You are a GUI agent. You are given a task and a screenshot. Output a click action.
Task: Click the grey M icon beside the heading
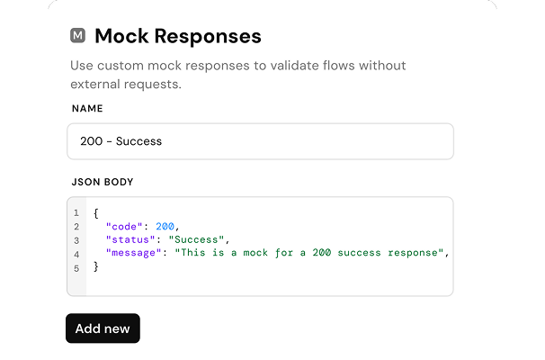click(x=77, y=35)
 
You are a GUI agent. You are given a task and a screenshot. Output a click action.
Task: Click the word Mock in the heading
click(x=121, y=36)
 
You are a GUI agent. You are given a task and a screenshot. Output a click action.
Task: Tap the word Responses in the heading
click(x=208, y=37)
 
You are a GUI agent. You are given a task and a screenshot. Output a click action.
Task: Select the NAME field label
click(x=87, y=109)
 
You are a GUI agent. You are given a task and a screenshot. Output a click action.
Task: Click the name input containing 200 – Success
click(x=260, y=141)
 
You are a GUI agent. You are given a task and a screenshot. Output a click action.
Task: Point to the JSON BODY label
click(x=103, y=182)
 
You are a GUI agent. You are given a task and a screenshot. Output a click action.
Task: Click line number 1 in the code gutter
click(x=76, y=213)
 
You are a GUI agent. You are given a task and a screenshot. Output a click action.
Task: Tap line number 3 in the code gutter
click(x=76, y=240)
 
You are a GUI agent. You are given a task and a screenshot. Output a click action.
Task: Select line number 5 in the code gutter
click(x=76, y=268)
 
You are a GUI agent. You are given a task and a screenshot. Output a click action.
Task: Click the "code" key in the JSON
click(x=124, y=227)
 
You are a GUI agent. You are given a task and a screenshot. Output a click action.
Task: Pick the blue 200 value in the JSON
click(x=165, y=227)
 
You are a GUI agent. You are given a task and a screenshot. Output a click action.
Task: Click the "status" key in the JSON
click(x=130, y=239)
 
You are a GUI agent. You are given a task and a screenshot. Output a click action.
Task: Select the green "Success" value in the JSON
click(x=196, y=239)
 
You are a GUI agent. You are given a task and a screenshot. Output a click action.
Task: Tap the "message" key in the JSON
click(x=134, y=253)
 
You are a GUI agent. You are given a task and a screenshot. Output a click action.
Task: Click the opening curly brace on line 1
click(x=96, y=213)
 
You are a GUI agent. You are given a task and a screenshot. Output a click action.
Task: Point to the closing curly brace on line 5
click(x=96, y=266)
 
